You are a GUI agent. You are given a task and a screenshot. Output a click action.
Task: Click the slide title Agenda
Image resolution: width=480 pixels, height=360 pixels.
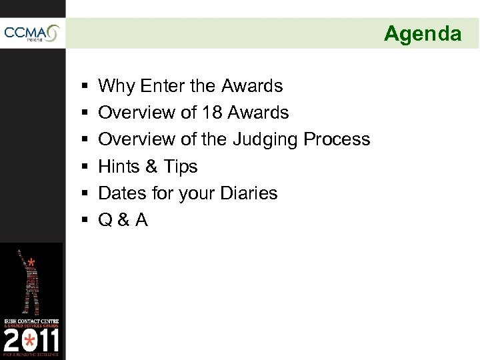pyautogui.click(x=422, y=33)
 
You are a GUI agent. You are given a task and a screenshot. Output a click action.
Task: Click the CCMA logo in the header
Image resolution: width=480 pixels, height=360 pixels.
pyautogui.click(x=31, y=33)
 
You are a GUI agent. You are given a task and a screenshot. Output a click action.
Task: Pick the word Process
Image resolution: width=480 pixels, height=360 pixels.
pyautogui.click(x=337, y=139)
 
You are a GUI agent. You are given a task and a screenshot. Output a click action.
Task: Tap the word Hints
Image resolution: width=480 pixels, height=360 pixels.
pyautogui.click(x=118, y=166)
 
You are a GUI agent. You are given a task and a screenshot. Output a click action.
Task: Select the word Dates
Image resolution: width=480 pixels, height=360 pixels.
pyautogui.click(x=120, y=193)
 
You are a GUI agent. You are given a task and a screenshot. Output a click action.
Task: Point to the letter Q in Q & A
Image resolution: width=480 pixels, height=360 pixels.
pyautogui.click(x=105, y=220)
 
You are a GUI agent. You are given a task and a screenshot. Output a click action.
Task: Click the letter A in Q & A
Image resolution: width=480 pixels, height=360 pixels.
pyautogui.click(x=140, y=219)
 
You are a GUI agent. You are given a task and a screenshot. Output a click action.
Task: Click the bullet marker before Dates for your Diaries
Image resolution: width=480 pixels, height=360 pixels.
pyautogui.click(x=80, y=193)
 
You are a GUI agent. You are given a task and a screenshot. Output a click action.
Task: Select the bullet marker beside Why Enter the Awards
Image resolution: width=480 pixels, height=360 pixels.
pyautogui.click(x=80, y=87)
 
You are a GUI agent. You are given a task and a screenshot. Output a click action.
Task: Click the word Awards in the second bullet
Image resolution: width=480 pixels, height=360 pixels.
pyautogui.click(x=258, y=113)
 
